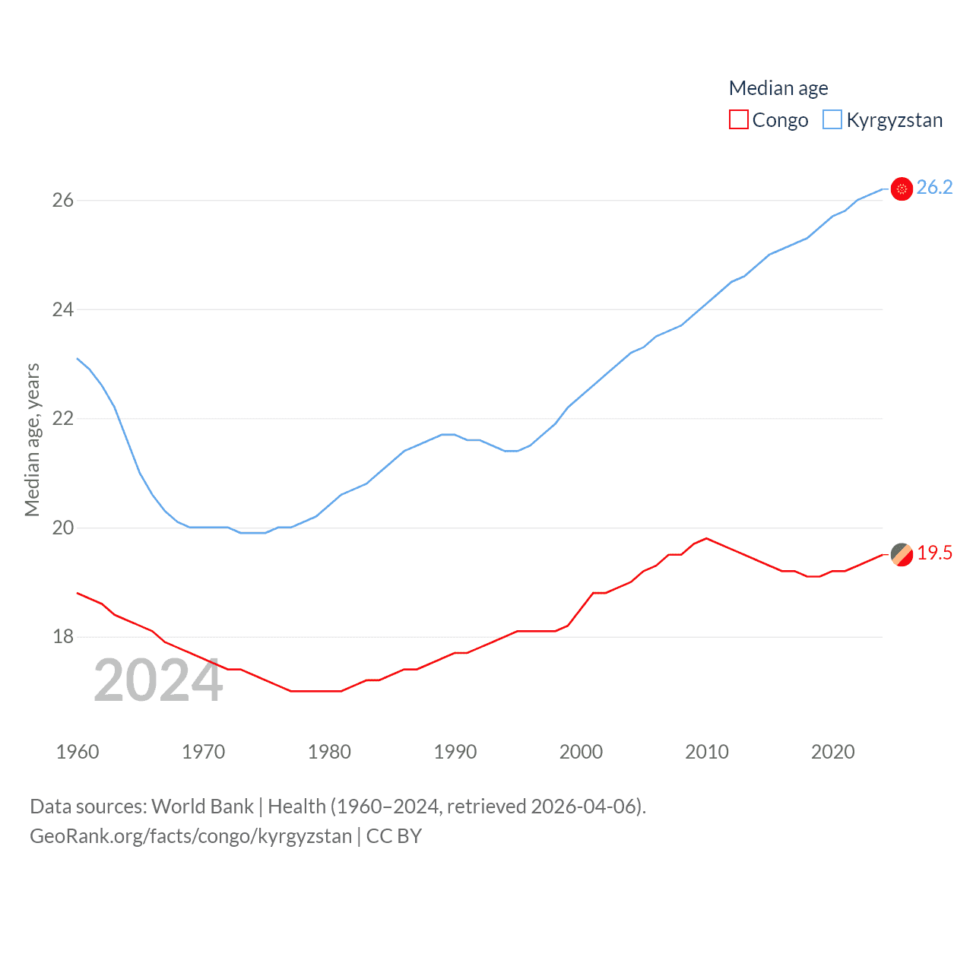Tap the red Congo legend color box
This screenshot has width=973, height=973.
point(738,120)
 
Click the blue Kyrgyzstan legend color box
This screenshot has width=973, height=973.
point(832,120)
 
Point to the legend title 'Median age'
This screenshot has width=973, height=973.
point(778,88)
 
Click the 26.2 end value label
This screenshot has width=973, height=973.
point(934,188)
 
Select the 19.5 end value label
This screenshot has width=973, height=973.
point(934,553)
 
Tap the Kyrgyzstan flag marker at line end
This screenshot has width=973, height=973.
point(902,189)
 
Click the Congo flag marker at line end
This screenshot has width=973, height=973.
point(902,554)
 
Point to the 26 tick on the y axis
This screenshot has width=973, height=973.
point(62,200)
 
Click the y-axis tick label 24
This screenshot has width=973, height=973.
point(62,309)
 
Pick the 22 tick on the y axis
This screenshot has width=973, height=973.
point(62,418)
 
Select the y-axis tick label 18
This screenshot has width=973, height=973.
point(62,637)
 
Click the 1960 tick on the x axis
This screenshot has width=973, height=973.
point(78,752)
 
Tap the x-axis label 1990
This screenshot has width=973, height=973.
point(455,752)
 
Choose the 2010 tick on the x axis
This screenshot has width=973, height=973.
point(706,752)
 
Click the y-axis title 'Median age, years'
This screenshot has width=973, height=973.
point(32,439)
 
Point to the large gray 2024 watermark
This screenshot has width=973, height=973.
point(158,681)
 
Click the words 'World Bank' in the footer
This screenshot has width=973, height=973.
point(202,807)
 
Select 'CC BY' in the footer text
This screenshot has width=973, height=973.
point(394,836)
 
